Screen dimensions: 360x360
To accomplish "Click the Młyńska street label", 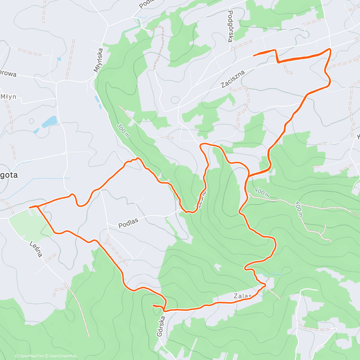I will (98, 60).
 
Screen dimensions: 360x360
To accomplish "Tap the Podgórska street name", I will (230, 26).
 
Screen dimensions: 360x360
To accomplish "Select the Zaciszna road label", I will (233, 79).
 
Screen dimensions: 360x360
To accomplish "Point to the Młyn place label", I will (8, 97).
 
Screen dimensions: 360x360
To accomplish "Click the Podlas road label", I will (128, 223).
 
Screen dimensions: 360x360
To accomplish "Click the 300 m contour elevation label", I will (123, 130).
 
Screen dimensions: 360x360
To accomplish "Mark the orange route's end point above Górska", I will (153, 305).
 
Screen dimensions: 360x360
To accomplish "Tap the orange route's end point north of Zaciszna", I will (254, 55).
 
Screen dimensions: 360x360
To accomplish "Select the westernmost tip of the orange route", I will (29, 207).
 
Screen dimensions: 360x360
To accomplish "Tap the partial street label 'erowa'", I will (8, 73).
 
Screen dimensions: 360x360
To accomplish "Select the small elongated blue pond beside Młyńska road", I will (97, 99).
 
